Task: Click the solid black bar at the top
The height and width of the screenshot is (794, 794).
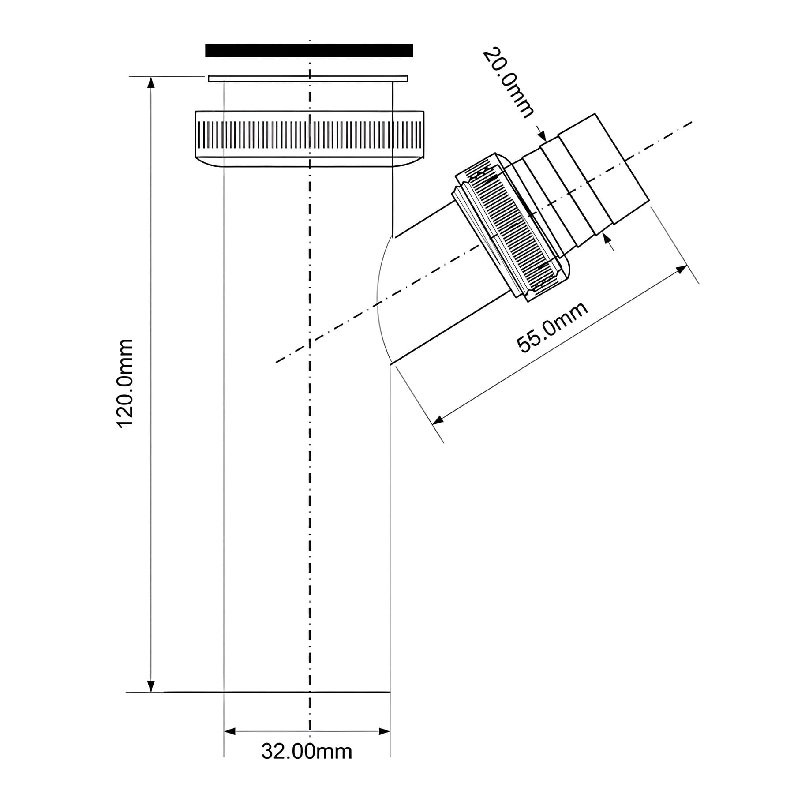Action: click(309, 50)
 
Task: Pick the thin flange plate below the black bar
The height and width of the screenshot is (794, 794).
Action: click(308, 79)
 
